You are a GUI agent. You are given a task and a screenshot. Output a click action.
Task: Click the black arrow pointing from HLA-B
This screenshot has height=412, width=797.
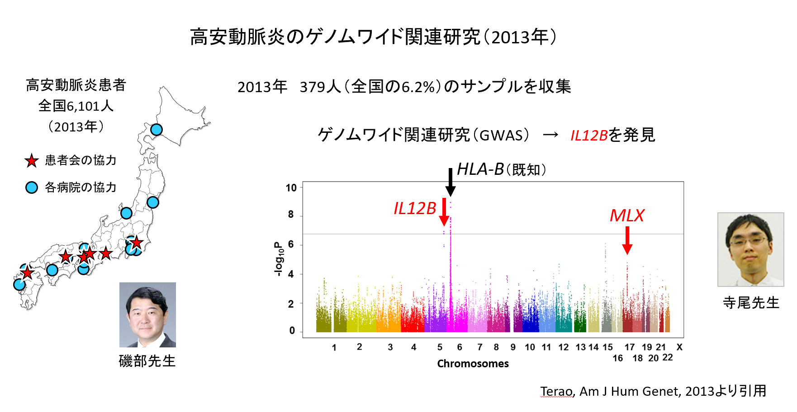[450, 182]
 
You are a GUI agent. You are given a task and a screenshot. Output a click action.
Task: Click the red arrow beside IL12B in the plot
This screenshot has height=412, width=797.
[444, 212]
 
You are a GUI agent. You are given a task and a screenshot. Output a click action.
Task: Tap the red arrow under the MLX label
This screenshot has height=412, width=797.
[627, 240]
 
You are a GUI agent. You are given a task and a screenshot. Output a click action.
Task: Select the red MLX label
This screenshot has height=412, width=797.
[627, 215]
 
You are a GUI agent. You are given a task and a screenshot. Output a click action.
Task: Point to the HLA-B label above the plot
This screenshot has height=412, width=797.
[480, 169]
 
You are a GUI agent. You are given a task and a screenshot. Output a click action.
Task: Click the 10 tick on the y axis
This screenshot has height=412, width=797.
[291, 187]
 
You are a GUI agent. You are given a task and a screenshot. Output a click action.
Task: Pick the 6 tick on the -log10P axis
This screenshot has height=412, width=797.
[291, 244]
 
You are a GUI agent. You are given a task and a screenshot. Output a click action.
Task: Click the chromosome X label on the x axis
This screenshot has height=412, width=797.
[679, 347]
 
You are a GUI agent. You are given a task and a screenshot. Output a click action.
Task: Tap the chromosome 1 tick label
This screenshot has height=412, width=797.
[334, 347]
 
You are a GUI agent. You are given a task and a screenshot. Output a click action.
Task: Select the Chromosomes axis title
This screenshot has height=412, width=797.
[473, 364]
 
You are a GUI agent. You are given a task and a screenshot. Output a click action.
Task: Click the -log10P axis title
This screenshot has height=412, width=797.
[278, 259]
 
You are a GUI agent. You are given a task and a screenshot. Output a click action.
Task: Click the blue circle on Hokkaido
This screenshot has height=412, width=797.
[156, 130]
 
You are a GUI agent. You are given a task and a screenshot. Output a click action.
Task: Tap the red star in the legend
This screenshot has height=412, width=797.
[31, 160]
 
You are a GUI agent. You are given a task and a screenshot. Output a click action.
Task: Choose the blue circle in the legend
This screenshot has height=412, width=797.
[31, 187]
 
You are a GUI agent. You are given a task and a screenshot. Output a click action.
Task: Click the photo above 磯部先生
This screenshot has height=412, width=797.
[147, 314]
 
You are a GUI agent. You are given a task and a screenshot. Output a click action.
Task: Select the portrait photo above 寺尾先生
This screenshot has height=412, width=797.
[751, 249]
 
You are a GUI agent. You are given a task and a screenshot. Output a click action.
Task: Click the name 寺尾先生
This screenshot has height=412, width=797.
[751, 303]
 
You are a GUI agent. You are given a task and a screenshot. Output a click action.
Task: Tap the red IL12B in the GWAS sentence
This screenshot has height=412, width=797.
[589, 135]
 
